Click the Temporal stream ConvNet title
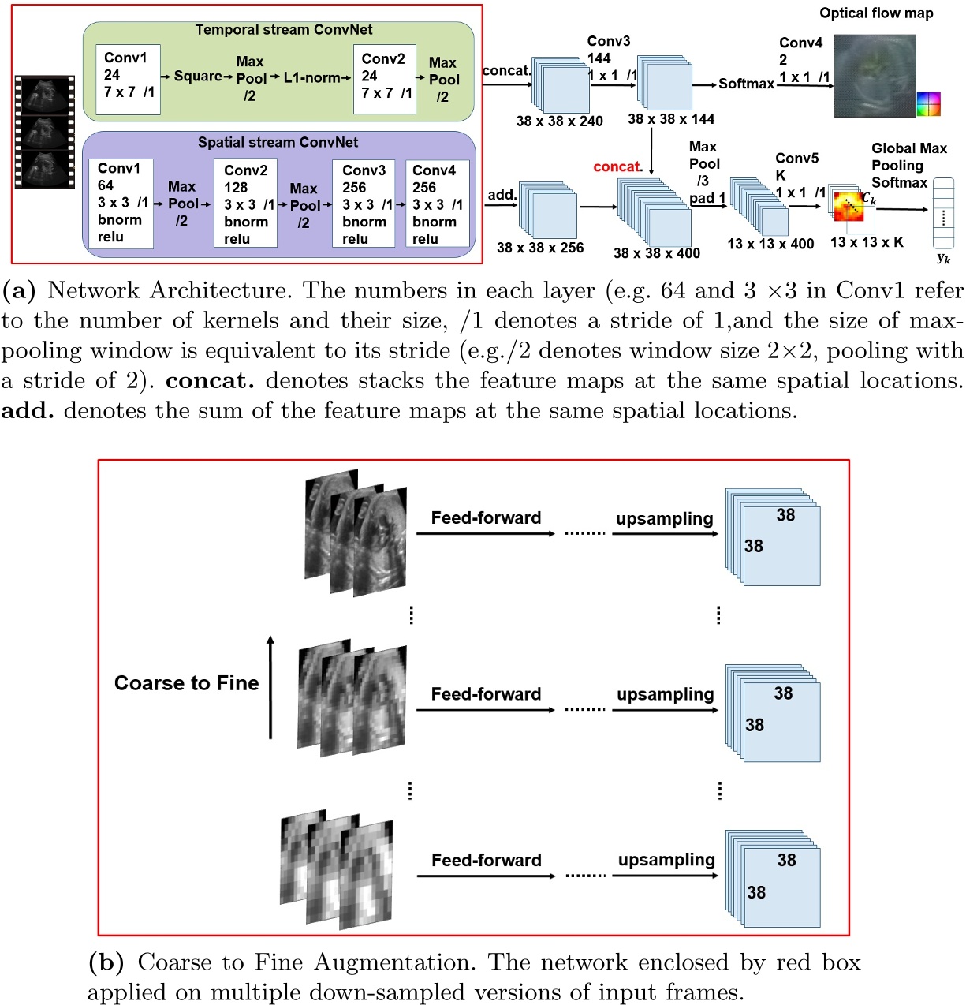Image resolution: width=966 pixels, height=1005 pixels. [x=284, y=30]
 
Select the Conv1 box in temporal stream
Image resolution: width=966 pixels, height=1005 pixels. [x=128, y=79]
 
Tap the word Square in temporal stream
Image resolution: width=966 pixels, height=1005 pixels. [x=197, y=77]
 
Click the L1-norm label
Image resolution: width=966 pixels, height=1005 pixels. [x=311, y=77]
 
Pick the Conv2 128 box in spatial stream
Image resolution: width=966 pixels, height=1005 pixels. [x=246, y=204]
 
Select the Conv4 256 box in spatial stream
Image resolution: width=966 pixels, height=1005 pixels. [x=437, y=204]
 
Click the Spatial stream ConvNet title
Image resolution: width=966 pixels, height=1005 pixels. [x=278, y=143]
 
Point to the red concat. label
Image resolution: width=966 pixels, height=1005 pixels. [x=617, y=166]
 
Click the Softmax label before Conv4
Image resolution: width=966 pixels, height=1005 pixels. [x=746, y=84]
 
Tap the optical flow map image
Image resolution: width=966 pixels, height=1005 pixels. [x=875, y=75]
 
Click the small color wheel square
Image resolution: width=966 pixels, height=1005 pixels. [x=928, y=104]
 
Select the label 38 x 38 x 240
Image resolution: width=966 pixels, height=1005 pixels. [x=559, y=121]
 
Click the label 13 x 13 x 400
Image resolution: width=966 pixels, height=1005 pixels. [x=770, y=244]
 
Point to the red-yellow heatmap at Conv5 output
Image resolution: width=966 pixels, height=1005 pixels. [x=849, y=205]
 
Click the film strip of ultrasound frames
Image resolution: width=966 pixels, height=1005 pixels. [x=44, y=132]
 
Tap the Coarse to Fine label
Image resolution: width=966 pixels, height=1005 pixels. [x=186, y=683]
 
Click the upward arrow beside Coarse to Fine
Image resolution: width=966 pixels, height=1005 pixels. [x=270, y=686]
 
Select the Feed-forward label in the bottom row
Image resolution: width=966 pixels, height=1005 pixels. [x=486, y=861]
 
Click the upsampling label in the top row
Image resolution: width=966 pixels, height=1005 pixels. [x=664, y=519]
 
